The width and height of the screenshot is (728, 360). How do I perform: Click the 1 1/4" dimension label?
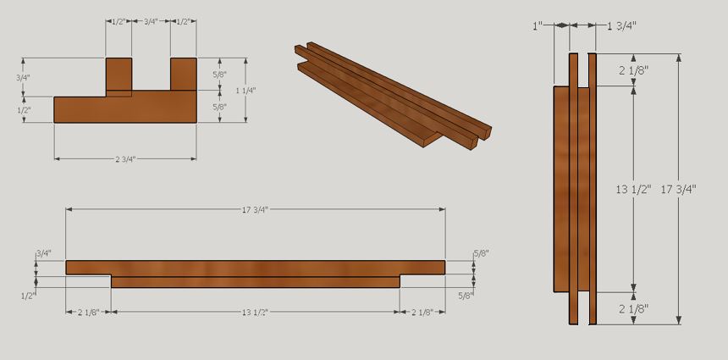tap(245, 90)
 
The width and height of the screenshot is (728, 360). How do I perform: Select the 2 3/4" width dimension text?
tap(125, 158)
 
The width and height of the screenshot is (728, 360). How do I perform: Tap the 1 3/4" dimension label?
tap(622, 26)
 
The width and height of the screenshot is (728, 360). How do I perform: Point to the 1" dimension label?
tap(538, 26)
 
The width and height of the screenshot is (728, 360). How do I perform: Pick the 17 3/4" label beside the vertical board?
tap(678, 189)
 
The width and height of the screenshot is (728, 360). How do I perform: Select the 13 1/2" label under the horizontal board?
tap(254, 313)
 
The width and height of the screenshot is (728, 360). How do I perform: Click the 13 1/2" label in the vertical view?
tap(632, 189)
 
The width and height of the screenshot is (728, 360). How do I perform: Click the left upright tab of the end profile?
tap(119, 75)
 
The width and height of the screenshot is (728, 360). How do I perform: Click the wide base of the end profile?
tap(125, 109)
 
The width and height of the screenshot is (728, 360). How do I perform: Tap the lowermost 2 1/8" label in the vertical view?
tap(634, 308)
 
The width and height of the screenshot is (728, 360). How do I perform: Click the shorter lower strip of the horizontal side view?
tap(256, 282)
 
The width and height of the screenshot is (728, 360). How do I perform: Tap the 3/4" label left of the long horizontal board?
tap(43, 253)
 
